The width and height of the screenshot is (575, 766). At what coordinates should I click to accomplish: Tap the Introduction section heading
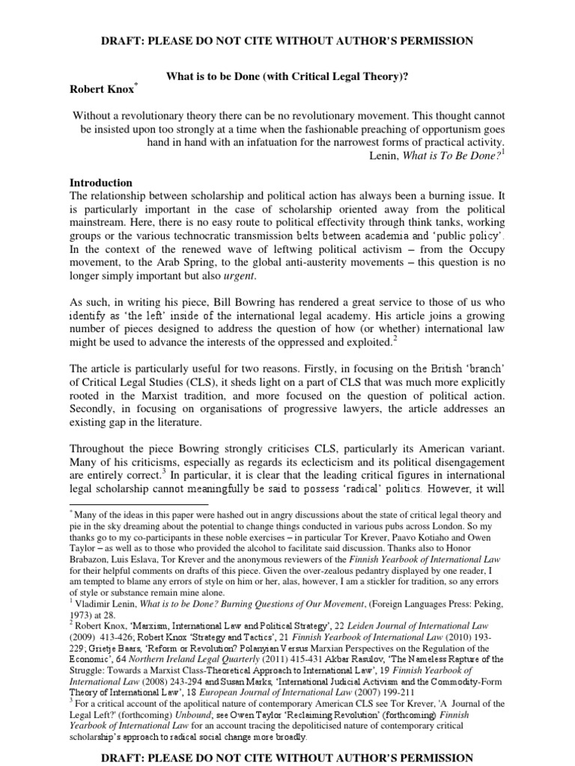pyautogui.click(x=101, y=183)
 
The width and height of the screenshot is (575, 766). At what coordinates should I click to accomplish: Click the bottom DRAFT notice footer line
pyautogui.click(x=287, y=757)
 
